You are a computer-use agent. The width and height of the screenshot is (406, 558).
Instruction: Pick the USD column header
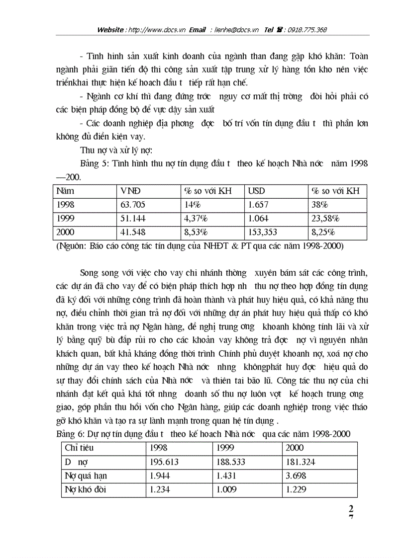click(x=257, y=191)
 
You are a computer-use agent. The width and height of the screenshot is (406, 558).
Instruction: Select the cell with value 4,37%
click(x=196, y=218)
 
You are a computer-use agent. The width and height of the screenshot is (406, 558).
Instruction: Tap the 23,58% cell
click(x=325, y=218)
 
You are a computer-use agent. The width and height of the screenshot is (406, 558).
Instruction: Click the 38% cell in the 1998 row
click(x=319, y=204)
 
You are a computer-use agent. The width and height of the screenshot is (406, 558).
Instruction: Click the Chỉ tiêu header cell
click(x=79, y=448)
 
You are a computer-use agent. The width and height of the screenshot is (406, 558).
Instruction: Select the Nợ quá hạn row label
click(x=86, y=476)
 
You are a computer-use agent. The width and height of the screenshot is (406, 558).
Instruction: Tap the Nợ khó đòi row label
click(x=85, y=489)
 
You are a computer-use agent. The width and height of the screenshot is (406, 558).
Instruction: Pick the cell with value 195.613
click(x=165, y=462)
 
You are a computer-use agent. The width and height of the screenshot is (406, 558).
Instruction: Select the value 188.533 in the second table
click(x=232, y=462)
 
